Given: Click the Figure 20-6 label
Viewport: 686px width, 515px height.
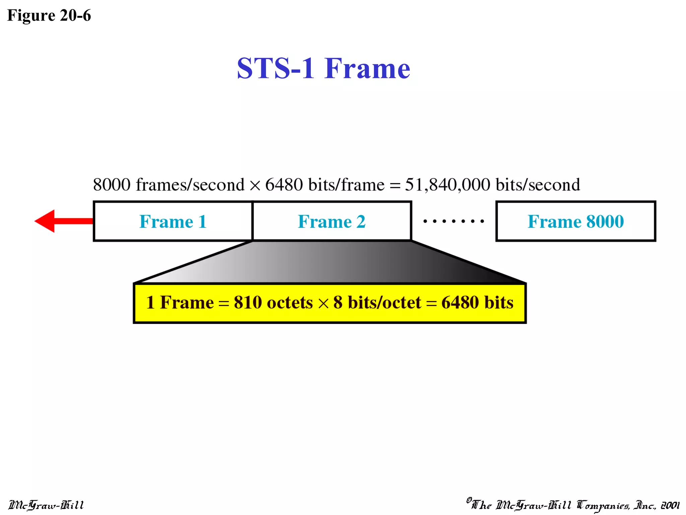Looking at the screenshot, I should tap(49, 15).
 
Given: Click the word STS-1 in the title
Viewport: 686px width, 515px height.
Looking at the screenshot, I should tap(275, 68).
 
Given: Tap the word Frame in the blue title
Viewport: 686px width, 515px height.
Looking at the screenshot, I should tap(367, 68).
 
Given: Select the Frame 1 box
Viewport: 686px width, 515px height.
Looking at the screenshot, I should tap(173, 221).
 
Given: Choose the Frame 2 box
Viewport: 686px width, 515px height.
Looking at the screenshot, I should tap(332, 221).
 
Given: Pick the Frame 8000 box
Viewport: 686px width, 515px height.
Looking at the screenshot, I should tap(575, 221).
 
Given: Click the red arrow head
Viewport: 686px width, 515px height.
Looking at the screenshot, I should tap(45, 221).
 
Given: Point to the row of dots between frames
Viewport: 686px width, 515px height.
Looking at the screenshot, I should tap(454, 221).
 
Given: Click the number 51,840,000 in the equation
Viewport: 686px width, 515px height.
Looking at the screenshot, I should tap(448, 185).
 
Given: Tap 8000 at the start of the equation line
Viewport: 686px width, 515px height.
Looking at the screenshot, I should tap(112, 185).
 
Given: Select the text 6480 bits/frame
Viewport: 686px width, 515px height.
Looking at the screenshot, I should tap(325, 185).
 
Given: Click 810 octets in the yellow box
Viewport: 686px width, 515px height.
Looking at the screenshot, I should tap(273, 302).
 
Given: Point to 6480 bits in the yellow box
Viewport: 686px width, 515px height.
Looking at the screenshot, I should tap(477, 302).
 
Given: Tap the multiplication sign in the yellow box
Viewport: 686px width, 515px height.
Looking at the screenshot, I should tap(323, 303).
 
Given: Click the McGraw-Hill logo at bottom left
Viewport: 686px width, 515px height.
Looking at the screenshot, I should tap(46, 505).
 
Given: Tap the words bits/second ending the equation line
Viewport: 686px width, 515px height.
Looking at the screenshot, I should tap(538, 185).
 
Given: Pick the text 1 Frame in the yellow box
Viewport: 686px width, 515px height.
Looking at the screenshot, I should tap(180, 302).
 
